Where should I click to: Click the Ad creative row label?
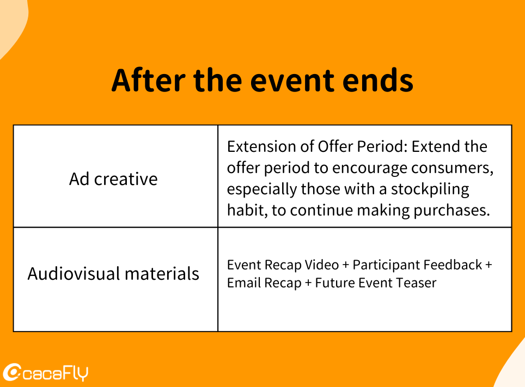click(x=113, y=179)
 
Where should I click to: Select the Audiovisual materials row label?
click(x=113, y=273)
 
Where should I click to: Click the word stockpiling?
click(x=430, y=189)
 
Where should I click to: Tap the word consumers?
click(x=452, y=168)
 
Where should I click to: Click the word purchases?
click(x=451, y=211)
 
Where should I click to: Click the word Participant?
click(x=384, y=265)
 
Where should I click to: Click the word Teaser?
click(x=416, y=282)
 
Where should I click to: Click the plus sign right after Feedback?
click(x=489, y=265)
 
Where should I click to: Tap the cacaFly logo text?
click(x=55, y=373)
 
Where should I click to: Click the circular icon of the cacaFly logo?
click(x=12, y=372)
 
